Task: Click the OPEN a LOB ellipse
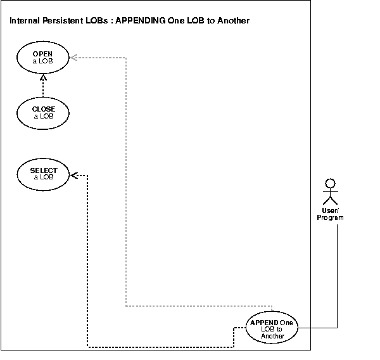(x=43, y=58)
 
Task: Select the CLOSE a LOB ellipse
(x=43, y=112)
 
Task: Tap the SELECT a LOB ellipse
(x=43, y=174)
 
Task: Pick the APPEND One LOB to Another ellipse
(x=272, y=328)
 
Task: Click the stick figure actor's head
(x=329, y=184)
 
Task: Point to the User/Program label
(x=330, y=214)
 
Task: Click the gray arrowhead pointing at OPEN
(x=73, y=58)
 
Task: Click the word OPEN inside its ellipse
(x=43, y=55)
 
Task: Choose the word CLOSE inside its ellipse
(x=43, y=109)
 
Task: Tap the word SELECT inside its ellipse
(x=43, y=170)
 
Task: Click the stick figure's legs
(x=329, y=202)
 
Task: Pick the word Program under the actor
(x=330, y=217)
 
